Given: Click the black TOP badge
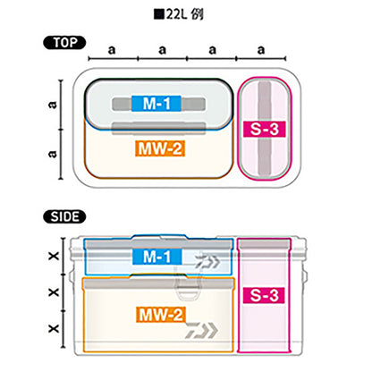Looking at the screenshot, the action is coord(64,43).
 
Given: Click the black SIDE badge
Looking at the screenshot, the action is coord(64,216).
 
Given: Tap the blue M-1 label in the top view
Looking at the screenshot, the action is coord(156,104).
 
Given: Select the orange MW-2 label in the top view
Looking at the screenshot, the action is coord(160,148).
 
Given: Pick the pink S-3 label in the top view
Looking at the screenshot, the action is coord(265,129).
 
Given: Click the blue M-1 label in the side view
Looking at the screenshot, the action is coord(156,257).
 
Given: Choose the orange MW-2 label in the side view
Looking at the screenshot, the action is coord(161,315).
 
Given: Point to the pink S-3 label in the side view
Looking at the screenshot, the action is coord(264,295).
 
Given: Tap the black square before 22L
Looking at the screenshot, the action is coord(159,14).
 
